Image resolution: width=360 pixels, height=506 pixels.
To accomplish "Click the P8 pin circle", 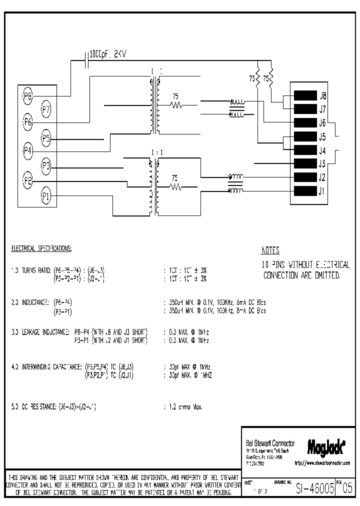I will [27, 95].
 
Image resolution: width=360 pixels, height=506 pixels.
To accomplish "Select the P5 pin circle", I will [45, 137].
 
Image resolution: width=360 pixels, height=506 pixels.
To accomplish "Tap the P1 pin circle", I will [45, 196].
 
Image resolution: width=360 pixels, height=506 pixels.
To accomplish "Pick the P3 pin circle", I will [45, 165].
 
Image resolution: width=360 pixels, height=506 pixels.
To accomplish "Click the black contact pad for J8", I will [305, 95].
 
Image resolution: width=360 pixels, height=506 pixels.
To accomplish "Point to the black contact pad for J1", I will [305, 190].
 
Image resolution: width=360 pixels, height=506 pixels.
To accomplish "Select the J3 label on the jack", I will [322, 163].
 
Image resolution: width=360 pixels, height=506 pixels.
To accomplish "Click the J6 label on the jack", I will [322, 123].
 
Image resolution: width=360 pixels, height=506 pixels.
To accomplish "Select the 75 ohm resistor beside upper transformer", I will [175, 105].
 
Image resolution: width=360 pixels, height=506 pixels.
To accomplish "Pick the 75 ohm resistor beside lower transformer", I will [175, 187].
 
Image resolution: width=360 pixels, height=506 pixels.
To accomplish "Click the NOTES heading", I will [270, 251].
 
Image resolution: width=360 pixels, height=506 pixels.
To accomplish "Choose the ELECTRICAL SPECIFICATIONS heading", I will [41, 248].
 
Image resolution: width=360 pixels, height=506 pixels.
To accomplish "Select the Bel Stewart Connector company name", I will [270, 443].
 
